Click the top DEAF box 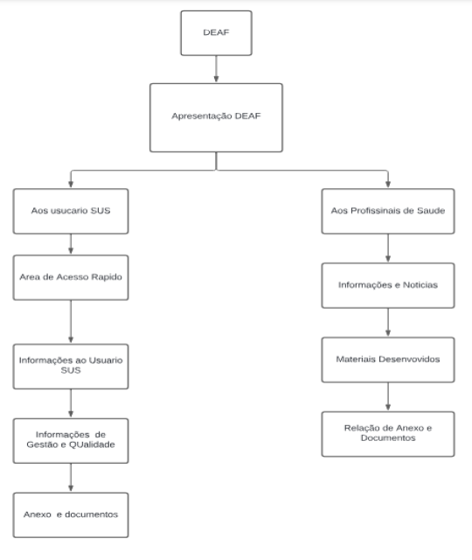coord(216,33)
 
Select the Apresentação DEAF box coord(216,118)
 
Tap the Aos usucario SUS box coord(71,211)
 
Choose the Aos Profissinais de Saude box coord(388,211)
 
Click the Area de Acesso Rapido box coord(71,277)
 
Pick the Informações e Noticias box coord(388,285)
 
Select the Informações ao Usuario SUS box coord(71,367)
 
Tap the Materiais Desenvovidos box coord(388,360)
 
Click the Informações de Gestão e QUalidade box coord(71,441)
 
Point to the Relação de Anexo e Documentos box coord(388,434)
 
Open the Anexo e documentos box coord(71,515)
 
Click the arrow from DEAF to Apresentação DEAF coord(216,69)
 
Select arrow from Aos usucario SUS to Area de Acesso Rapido coord(71,244)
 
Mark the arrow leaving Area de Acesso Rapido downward coord(71,322)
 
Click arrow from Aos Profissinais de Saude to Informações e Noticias coord(388,248)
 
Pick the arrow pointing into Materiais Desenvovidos coord(388,323)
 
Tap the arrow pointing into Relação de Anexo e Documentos coord(388,396)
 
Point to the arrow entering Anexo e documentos coord(71,478)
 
